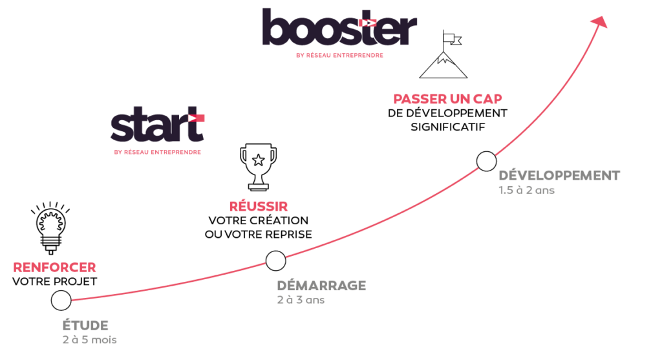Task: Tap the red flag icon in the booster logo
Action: click(x=367, y=23)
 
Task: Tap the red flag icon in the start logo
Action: click(x=196, y=118)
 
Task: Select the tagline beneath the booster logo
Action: click(x=339, y=56)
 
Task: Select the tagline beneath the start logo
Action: click(x=156, y=153)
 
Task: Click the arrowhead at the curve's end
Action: click(x=601, y=22)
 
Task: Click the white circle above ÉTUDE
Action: click(x=61, y=300)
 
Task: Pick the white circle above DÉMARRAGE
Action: click(x=275, y=260)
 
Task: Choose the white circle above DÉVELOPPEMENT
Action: click(x=486, y=161)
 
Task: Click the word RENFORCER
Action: click(x=55, y=268)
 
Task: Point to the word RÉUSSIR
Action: click(x=259, y=207)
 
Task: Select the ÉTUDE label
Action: click(x=85, y=325)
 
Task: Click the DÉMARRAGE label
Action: click(x=321, y=286)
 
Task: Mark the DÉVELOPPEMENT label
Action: click(x=559, y=176)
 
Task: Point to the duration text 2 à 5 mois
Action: click(x=89, y=339)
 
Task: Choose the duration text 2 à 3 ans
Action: click(x=301, y=300)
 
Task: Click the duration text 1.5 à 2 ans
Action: click(x=526, y=191)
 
